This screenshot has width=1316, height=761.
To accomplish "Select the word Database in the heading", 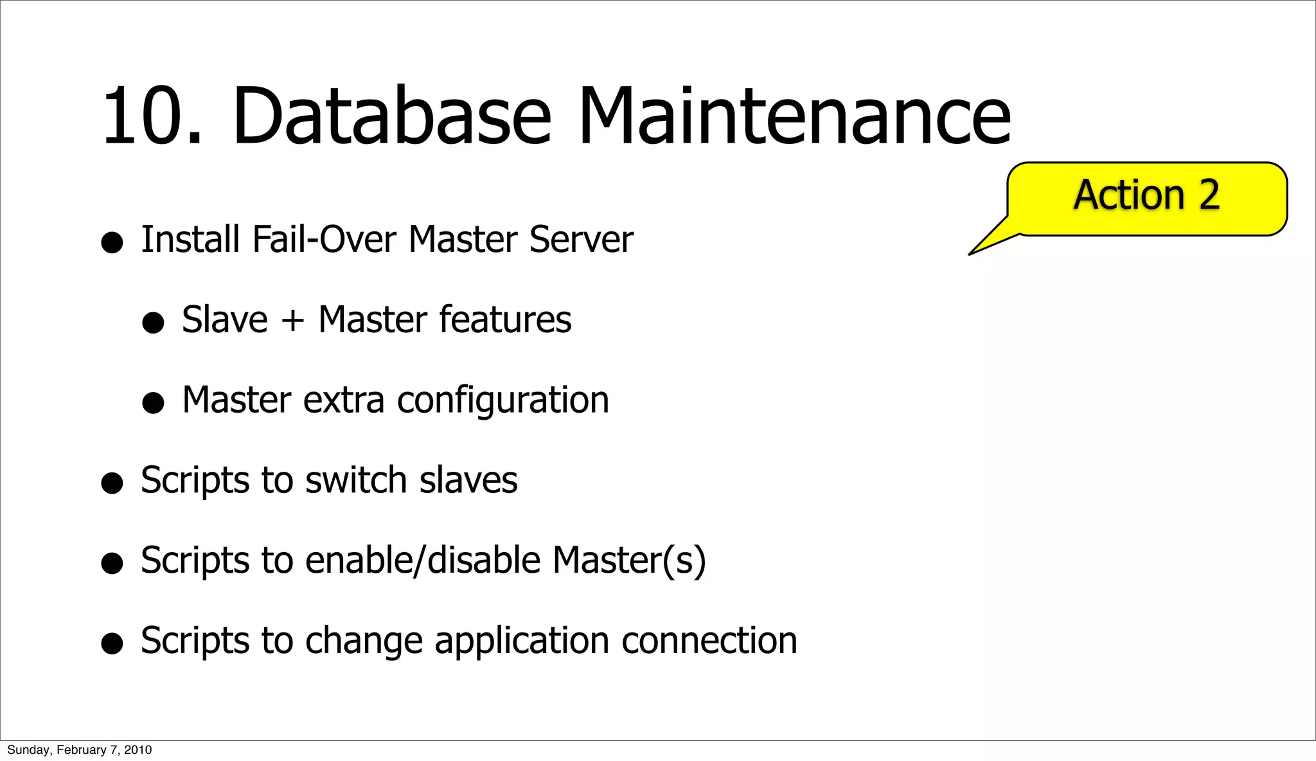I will [x=391, y=117].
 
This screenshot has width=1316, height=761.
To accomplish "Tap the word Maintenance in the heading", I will [x=794, y=117].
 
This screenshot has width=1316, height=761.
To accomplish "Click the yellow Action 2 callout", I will [x=1146, y=199].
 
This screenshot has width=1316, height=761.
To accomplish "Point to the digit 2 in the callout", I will [x=1208, y=195].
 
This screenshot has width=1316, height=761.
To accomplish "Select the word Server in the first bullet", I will [x=581, y=239].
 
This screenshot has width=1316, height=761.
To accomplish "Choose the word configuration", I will [x=503, y=400].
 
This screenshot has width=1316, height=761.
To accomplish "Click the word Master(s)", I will [x=629, y=560].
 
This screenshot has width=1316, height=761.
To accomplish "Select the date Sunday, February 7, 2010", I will [x=79, y=750].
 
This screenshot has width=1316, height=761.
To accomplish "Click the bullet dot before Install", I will [x=112, y=243].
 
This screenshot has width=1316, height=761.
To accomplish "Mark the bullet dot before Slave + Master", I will [x=153, y=323].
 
